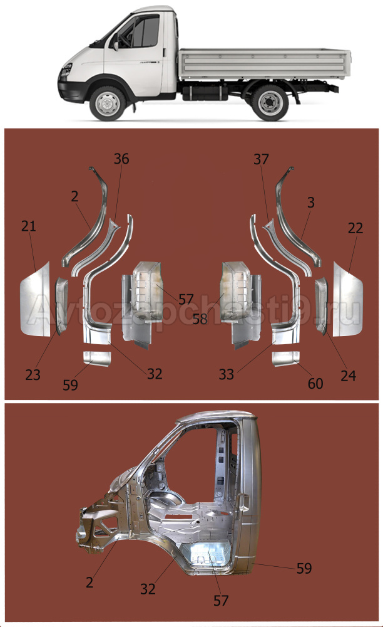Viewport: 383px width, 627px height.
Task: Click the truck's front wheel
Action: pyautogui.click(x=107, y=103)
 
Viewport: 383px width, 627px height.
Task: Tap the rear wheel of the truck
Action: pyautogui.click(x=270, y=102)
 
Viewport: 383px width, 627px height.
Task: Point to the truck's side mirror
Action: pyautogui.click(x=115, y=45)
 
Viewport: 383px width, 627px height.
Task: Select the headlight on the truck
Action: pyautogui.click(x=65, y=70)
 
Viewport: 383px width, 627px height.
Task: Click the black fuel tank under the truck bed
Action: pyautogui.click(x=205, y=92)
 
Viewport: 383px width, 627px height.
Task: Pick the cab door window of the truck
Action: pyautogui.click(x=145, y=31)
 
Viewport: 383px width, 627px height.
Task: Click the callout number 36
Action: pyautogui.click(x=121, y=159)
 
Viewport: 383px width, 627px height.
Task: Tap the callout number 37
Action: pyautogui.click(x=262, y=159)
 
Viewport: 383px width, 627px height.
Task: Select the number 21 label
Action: pyautogui.click(x=28, y=226)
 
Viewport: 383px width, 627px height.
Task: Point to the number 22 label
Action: pyautogui.click(x=355, y=228)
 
